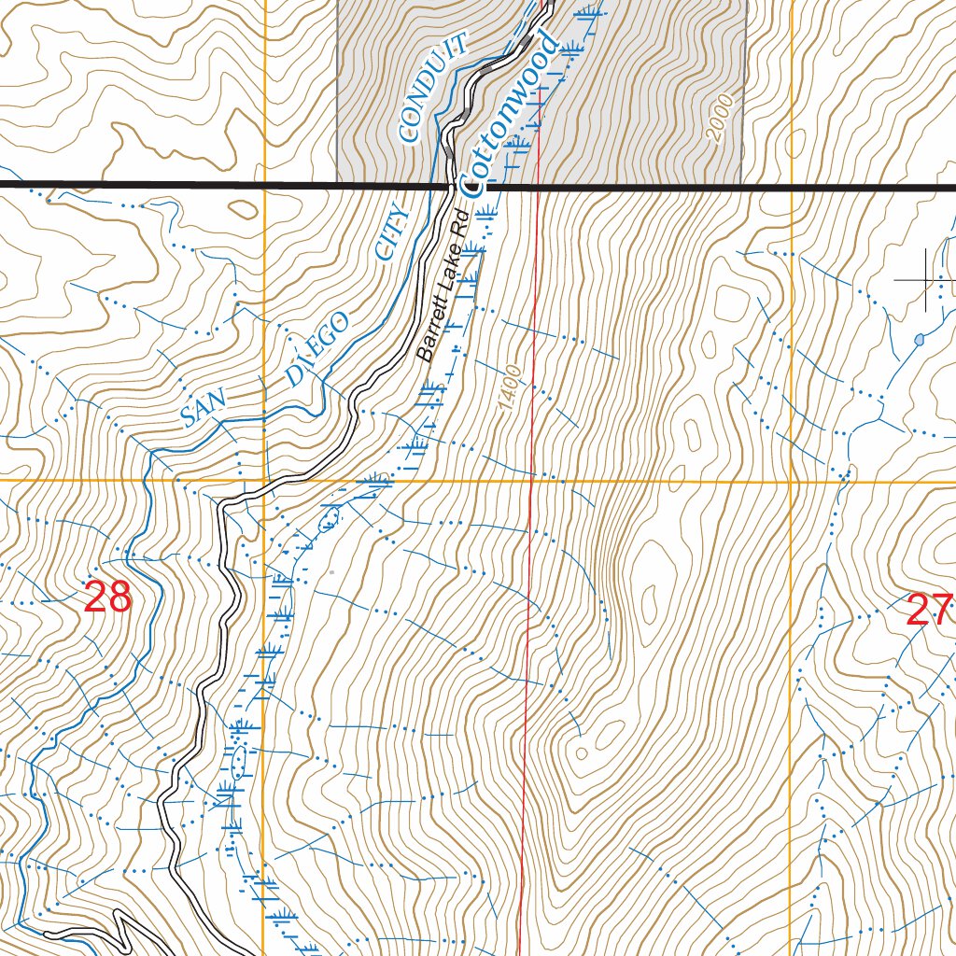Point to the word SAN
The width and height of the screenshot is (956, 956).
[x=204, y=407]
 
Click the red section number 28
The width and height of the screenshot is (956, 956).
[x=107, y=597]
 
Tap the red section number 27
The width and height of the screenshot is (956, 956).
[x=929, y=611]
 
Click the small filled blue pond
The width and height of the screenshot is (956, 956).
[x=920, y=339]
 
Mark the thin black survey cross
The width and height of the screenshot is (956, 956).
[x=925, y=279]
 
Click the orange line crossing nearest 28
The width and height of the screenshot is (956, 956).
[x=264, y=482]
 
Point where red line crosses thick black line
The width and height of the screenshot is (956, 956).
[x=537, y=187]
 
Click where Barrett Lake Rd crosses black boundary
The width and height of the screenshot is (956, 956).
[x=450, y=187]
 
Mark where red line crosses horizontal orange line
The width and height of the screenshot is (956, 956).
[x=531, y=482]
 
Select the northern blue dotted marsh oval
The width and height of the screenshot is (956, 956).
[x=328, y=517]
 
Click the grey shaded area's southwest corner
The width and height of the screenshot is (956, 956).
[x=337, y=183]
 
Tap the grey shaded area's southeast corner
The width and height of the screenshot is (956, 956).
[x=742, y=183]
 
